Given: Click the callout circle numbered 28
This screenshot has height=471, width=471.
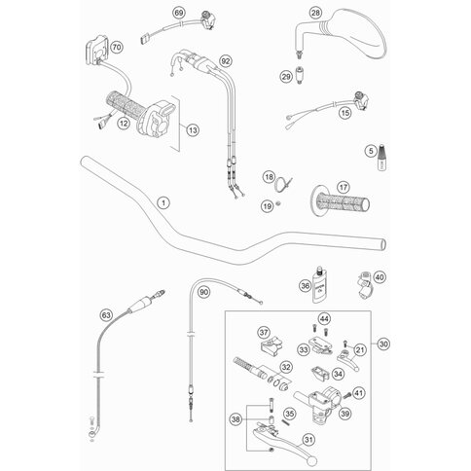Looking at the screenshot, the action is (315, 13).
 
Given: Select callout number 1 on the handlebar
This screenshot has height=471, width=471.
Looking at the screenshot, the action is (163, 203).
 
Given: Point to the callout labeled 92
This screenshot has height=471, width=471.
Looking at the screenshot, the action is (226, 61).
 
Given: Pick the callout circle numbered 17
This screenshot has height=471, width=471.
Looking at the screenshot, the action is (343, 187).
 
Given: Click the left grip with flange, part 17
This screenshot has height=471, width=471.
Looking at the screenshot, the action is (339, 201).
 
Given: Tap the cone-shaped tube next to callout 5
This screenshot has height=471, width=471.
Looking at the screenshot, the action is (382, 157).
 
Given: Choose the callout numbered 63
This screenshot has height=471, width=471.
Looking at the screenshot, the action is (106, 315).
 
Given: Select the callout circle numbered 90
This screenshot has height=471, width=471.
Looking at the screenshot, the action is (203, 292).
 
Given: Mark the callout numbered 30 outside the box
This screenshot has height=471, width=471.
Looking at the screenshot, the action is (383, 344).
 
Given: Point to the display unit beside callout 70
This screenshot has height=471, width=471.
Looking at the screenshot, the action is (97, 52).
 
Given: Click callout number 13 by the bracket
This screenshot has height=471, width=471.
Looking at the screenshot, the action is (193, 130).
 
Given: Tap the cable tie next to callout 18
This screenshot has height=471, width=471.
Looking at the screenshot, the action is (283, 185).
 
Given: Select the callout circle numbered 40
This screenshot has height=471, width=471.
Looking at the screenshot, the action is (380, 277).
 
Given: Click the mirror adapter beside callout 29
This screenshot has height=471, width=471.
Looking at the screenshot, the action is (300, 76).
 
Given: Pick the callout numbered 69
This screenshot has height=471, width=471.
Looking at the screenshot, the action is (179, 13).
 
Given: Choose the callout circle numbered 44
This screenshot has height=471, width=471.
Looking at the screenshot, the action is (323, 319).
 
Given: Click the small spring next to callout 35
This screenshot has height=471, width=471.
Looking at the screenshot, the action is (285, 422).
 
